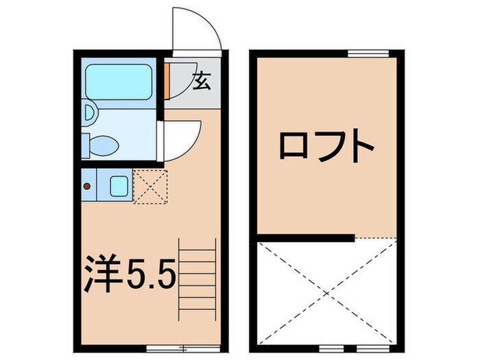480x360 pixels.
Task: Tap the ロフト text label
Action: click(x=326, y=146)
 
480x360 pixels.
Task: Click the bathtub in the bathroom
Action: click(x=119, y=82)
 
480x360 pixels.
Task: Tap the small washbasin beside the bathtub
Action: click(x=89, y=112)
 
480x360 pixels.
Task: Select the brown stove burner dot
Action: click(x=86, y=185)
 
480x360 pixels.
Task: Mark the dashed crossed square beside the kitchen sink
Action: click(x=149, y=187)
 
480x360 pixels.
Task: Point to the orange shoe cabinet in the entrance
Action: click(x=167, y=80)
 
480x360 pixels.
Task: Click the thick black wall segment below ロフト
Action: click(x=306, y=238)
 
